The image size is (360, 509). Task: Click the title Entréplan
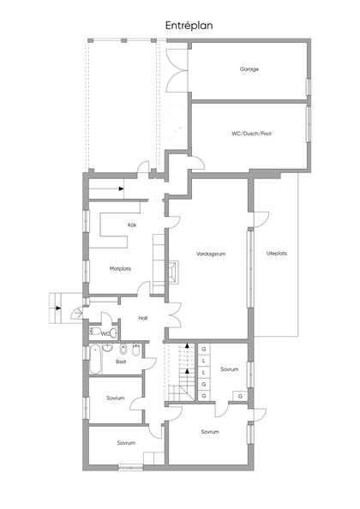[x=189, y=26]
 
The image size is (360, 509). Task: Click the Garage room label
[x=249, y=69]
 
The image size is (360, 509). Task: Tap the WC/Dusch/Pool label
[x=250, y=134]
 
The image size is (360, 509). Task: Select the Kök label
[x=132, y=225]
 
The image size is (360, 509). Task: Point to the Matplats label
[x=120, y=268]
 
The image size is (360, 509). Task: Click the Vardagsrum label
[x=209, y=254]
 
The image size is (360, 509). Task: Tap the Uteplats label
[x=276, y=254]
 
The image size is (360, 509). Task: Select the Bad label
[x=121, y=362]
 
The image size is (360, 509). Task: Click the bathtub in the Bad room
[x=94, y=363]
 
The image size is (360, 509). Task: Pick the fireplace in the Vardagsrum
[x=173, y=272]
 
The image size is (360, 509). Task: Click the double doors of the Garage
[x=177, y=65]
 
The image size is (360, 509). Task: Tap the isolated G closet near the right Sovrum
[x=240, y=397]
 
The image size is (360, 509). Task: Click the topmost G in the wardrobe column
[x=203, y=350]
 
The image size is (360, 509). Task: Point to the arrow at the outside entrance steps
[x=58, y=307]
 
